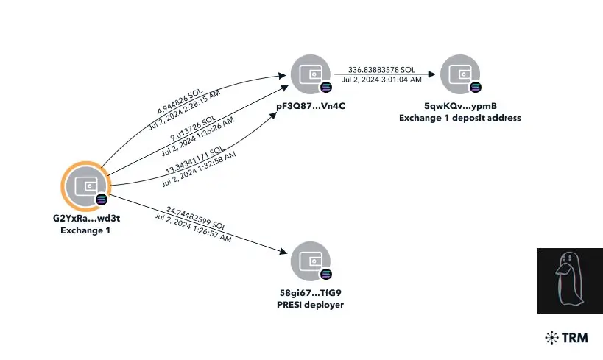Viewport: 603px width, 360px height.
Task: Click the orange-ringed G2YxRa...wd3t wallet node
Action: pyautogui.click(x=86, y=186)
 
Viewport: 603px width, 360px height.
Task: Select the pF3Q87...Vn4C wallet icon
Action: pyautogui.click(x=311, y=74)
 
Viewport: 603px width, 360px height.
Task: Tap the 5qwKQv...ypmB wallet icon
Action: pyautogui.click(x=460, y=74)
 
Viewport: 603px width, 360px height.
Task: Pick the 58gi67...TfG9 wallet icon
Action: pyautogui.click(x=311, y=261)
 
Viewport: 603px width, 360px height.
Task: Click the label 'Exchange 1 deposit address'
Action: pyautogui.click(x=460, y=118)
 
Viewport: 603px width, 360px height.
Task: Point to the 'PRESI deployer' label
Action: pyautogui.click(x=311, y=305)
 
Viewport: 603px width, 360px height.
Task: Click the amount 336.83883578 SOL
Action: pyautogui.click(x=381, y=70)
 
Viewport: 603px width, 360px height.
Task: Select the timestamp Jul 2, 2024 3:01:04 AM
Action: pyautogui.click(x=381, y=80)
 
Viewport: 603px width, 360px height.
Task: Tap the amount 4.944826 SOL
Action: pyautogui.click(x=180, y=102)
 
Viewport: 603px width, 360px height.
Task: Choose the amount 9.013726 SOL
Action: pyautogui.click(x=193, y=127)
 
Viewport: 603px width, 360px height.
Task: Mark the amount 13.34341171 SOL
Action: pyautogui.click(x=194, y=160)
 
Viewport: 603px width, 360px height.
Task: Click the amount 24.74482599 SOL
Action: pyautogui.click(x=196, y=218)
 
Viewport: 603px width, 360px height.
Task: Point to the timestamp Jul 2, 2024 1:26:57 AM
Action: pyautogui.click(x=193, y=227)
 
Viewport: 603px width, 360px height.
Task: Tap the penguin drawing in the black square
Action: pyautogui.click(x=569, y=280)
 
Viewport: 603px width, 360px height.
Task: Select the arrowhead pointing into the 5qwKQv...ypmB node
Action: pyautogui.click(x=431, y=74)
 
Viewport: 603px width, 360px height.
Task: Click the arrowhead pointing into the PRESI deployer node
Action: pyautogui.click(x=283, y=252)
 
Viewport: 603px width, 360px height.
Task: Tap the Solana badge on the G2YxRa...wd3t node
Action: pyautogui.click(x=102, y=200)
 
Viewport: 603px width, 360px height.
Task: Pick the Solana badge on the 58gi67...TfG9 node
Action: pyautogui.click(x=325, y=274)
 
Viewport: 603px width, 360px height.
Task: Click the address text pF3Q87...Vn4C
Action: pyautogui.click(x=311, y=106)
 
